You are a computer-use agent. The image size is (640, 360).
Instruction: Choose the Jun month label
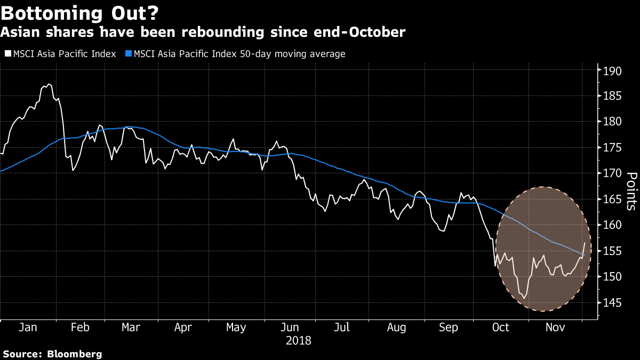pyautogui.click(x=290, y=327)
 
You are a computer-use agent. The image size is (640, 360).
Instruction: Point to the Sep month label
pyautogui.click(x=449, y=327)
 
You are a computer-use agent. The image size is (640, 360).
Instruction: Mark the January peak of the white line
pyautogui.click(x=49, y=84)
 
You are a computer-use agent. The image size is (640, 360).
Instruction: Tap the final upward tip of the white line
pyautogui.click(x=585, y=243)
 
